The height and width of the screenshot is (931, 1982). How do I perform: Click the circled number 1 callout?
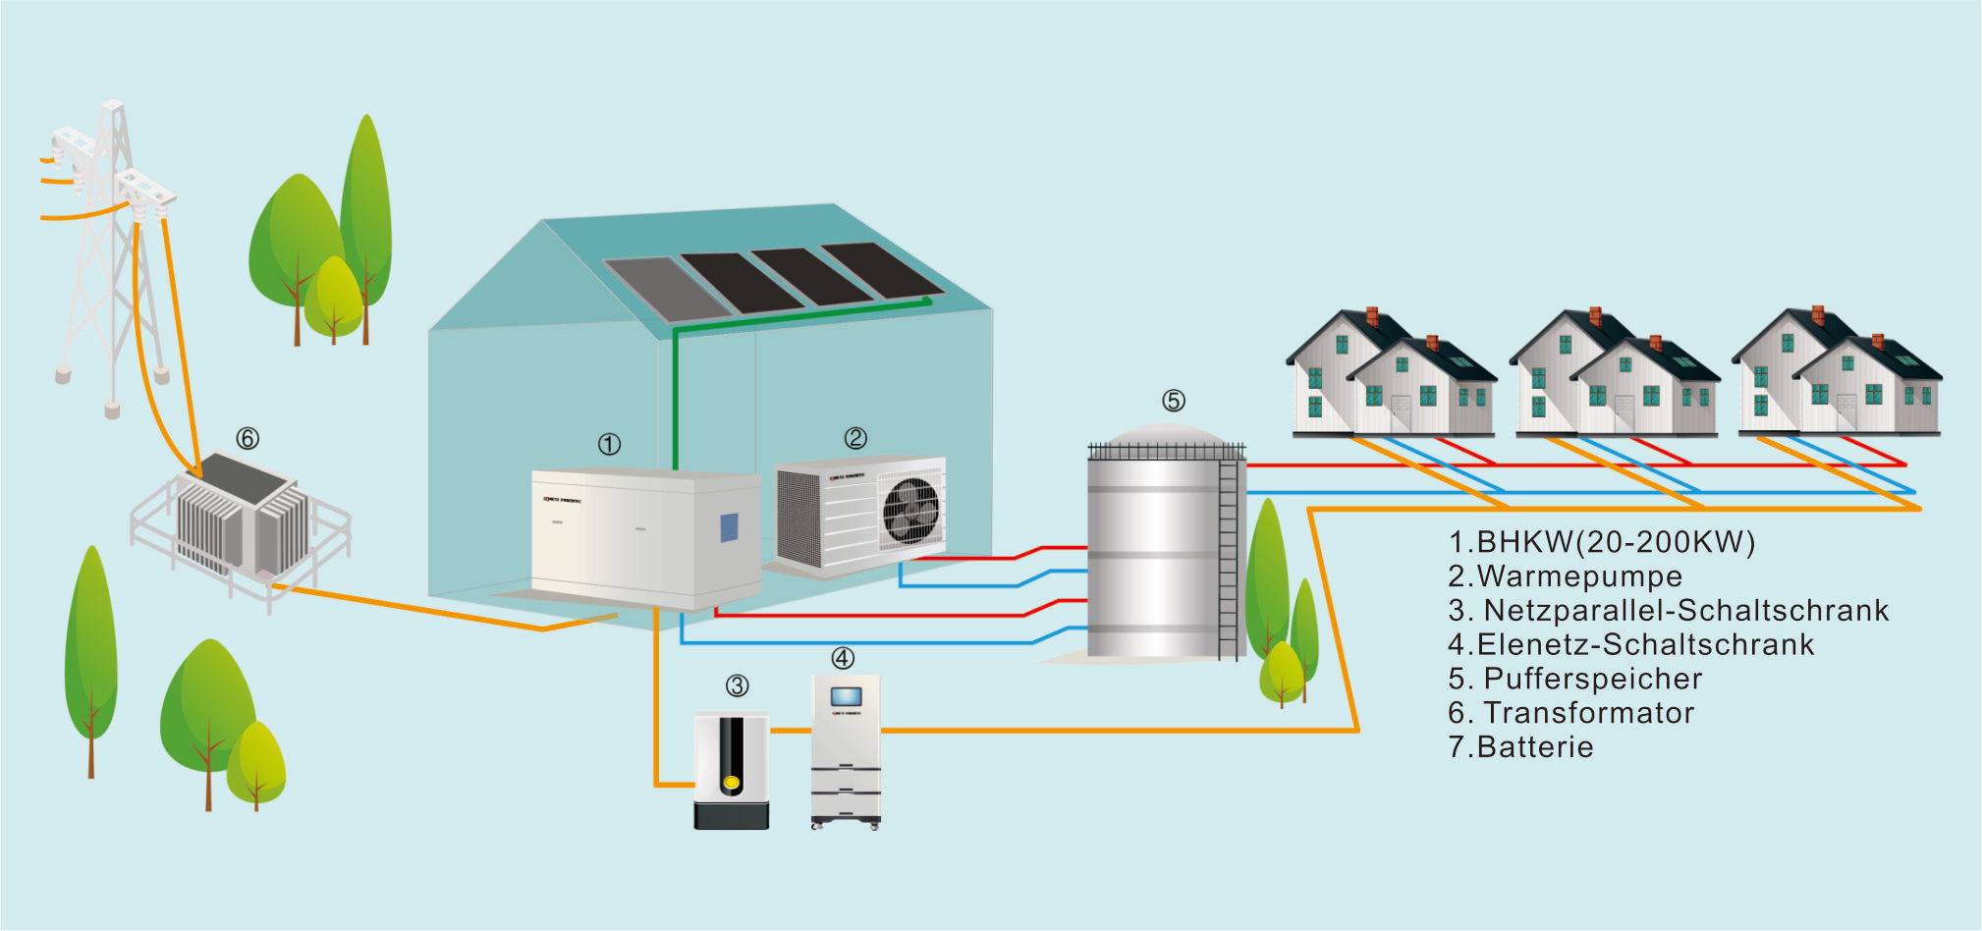(609, 445)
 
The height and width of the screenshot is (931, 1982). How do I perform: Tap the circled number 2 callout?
(855, 438)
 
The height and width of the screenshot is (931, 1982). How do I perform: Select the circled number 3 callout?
(737, 686)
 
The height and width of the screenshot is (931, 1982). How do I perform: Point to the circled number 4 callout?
(842, 658)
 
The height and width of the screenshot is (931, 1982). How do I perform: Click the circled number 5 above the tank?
(1173, 401)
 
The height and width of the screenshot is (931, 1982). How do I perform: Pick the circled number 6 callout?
(248, 438)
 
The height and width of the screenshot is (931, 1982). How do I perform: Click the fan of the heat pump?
(911, 512)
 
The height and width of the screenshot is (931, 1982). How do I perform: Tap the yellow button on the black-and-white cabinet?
(731, 783)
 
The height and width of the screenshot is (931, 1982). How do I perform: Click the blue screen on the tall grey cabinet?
(846, 696)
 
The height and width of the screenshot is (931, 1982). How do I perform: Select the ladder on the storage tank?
(1228, 560)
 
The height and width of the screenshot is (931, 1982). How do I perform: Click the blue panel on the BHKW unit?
(729, 527)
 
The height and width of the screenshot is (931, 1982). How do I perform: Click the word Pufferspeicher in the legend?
(1592, 679)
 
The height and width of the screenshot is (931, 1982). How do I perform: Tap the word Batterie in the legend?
(1534, 747)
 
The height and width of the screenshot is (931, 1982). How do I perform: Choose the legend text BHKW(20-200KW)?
(1616, 542)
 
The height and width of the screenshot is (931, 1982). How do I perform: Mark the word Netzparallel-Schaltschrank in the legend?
(1685, 611)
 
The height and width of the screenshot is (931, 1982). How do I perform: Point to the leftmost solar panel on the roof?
(667, 289)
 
